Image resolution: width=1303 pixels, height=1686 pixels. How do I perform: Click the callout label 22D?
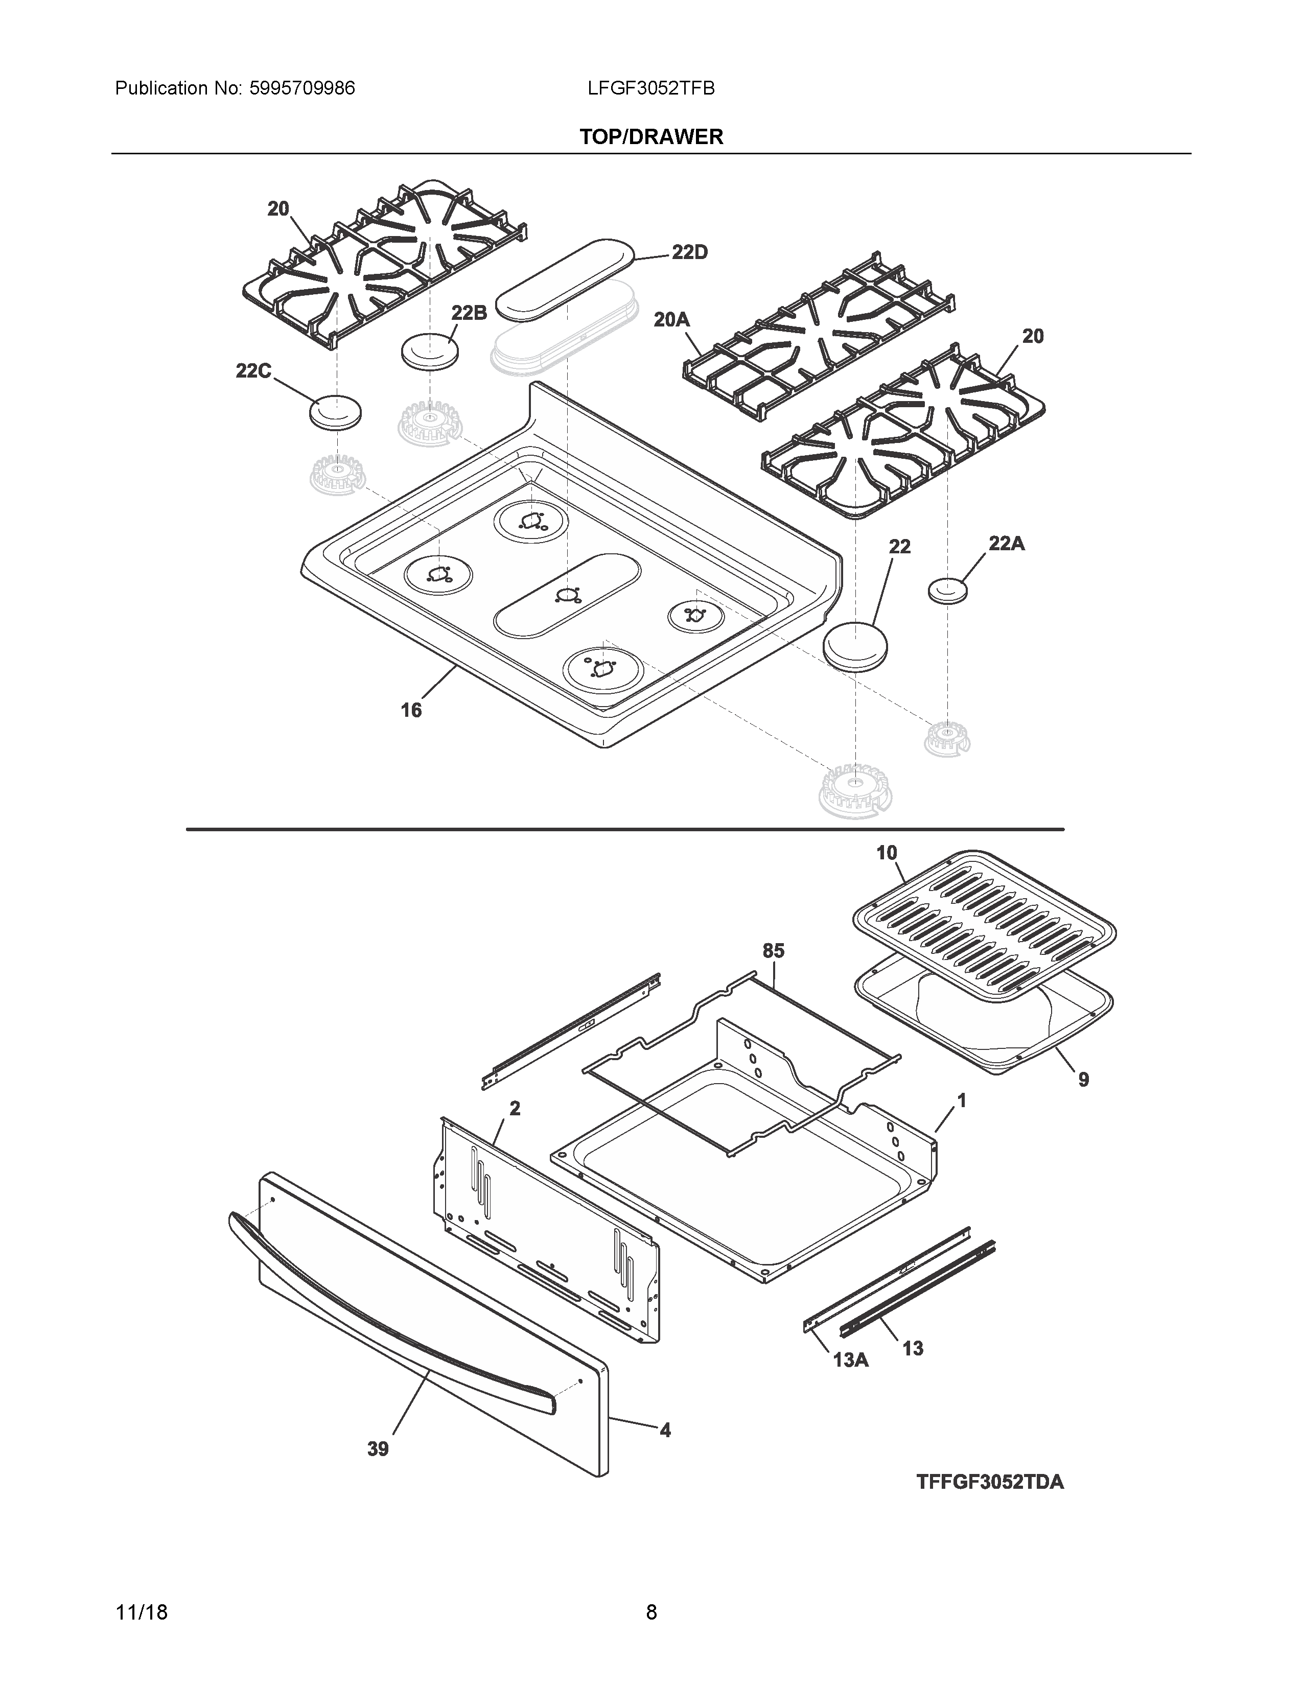[689, 252]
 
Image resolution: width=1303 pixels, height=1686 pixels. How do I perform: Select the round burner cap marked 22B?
[430, 352]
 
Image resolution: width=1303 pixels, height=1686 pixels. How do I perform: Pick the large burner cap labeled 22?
[855, 644]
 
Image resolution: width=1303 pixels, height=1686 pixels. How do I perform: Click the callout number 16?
[411, 710]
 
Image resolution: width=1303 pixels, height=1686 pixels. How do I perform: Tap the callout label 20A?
[671, 319]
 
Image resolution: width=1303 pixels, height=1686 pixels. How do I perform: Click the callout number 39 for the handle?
[378, 1450]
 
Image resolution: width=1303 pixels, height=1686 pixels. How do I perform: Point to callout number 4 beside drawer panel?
[665, 1431]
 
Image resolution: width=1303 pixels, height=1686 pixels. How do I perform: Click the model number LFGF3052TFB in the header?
[650, 89]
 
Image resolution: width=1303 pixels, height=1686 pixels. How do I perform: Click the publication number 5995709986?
[302, 89]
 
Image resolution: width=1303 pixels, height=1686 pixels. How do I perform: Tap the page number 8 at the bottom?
[651, 1612]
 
